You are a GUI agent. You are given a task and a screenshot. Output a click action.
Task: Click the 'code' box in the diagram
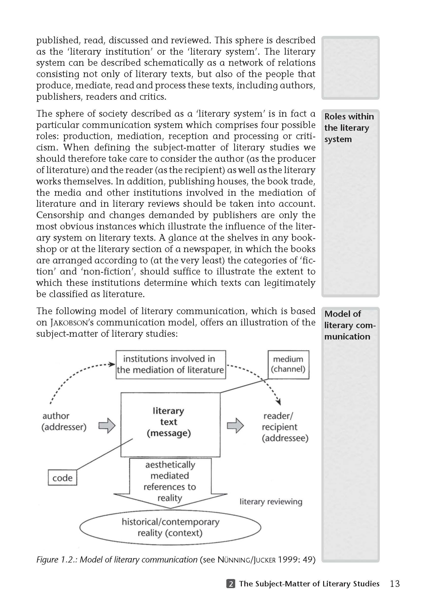62,478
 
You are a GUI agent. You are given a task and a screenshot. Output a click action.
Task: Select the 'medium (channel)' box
288,364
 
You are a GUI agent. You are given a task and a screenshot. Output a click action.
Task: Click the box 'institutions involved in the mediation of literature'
171,364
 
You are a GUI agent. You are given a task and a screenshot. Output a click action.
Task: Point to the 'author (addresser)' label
64,421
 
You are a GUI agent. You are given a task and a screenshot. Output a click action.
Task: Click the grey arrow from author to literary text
107,425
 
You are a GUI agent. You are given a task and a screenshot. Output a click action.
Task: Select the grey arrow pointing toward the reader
235,425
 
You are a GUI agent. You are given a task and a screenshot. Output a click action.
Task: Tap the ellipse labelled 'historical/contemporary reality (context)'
170,527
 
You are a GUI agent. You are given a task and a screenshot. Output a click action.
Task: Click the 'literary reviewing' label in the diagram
271,502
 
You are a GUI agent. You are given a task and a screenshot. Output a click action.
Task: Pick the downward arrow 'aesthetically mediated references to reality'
170,482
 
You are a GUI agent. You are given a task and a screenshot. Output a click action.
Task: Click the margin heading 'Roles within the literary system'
349,128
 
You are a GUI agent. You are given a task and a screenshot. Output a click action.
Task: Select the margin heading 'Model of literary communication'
349,325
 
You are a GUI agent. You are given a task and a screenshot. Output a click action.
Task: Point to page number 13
395,584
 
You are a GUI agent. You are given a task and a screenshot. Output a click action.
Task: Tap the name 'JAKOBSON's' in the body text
72,322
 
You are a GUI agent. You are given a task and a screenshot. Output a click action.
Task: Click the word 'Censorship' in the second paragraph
60,215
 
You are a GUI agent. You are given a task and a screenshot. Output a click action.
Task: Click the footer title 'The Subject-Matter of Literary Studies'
309,584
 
